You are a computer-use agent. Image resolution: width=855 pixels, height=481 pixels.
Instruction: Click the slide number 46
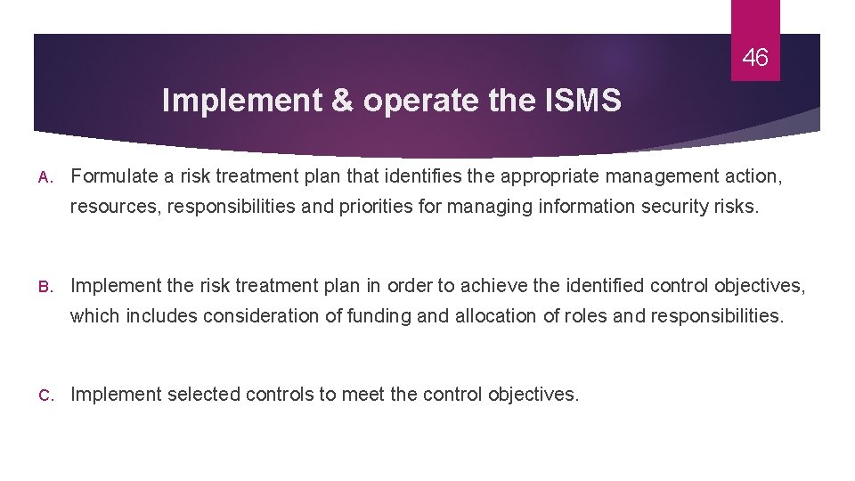coord(754,59)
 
